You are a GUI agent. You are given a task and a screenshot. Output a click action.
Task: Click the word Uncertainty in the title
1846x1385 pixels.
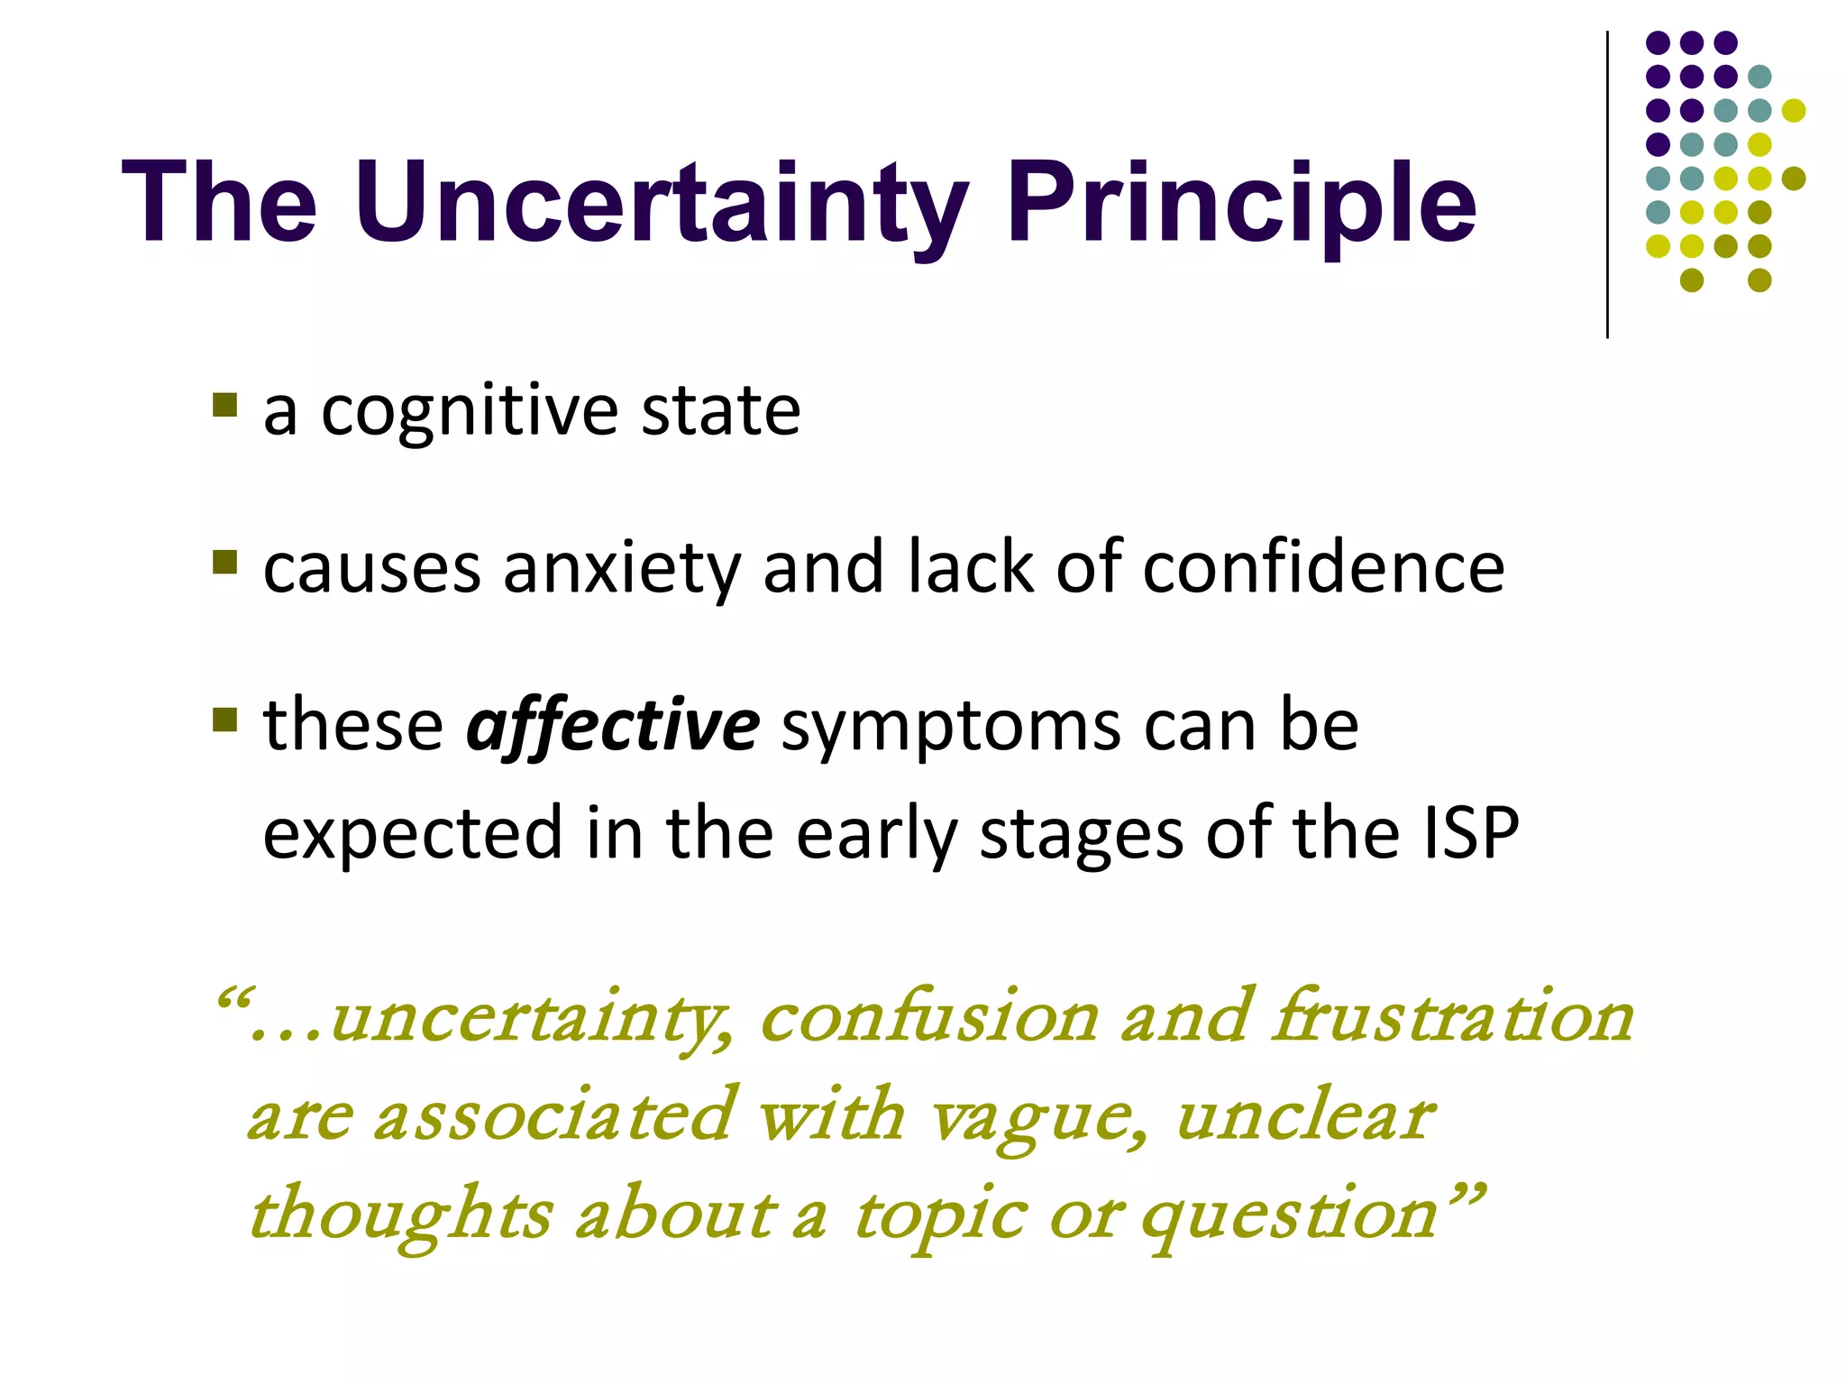point(663,203)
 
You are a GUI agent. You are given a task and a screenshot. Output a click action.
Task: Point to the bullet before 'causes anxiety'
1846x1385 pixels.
point(225,562)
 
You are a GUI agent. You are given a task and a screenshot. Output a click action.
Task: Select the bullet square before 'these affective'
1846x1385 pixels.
point(225,720)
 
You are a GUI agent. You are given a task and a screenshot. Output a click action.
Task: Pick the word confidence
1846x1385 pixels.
point(1323,568)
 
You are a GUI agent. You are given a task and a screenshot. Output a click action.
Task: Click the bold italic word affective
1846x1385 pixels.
point(613,727)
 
